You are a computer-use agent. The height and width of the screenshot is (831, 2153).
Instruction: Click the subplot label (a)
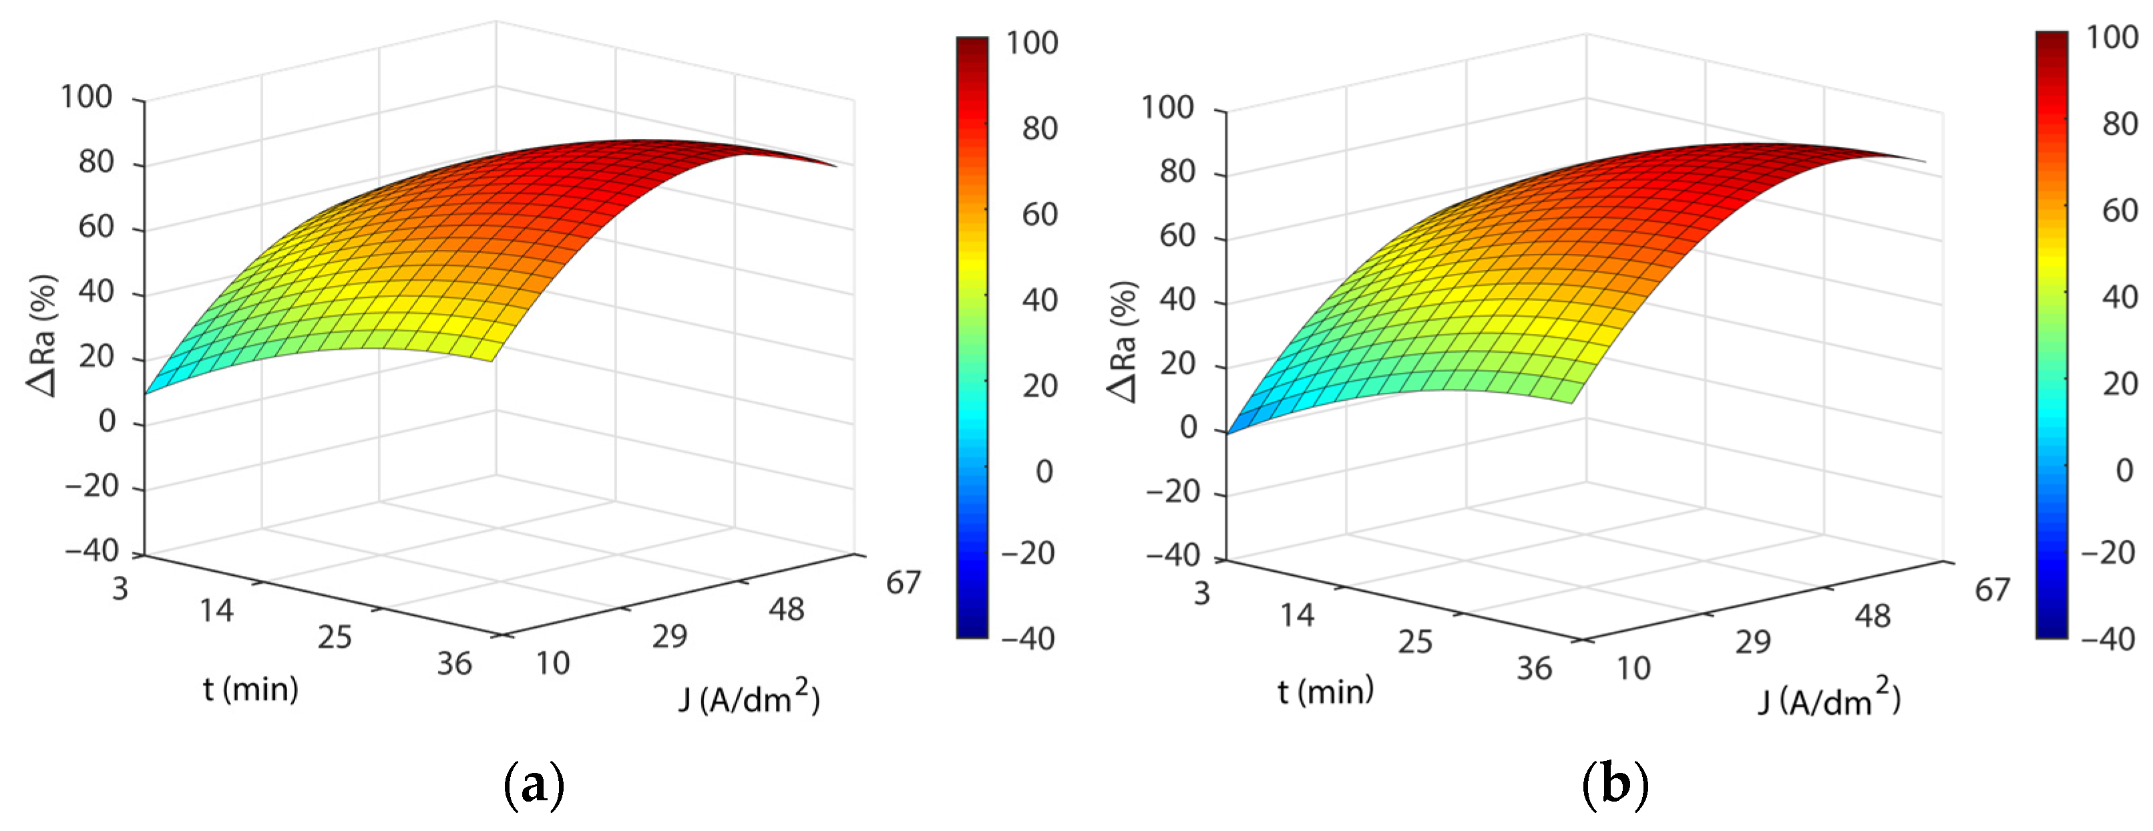pyautogui.click(x=535, y=784)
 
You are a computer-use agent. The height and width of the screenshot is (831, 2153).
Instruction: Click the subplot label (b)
pyautogui.click(x=1615, y=784)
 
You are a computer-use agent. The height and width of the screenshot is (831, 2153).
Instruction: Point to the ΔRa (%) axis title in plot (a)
pyautogui.click(x=42, y=335)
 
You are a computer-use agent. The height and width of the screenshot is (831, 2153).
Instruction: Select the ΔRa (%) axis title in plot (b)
pyautogui.click(x=1123, y=341)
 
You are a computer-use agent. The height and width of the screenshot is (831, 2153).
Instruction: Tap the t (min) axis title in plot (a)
pyautogui.click(x=250, y=689)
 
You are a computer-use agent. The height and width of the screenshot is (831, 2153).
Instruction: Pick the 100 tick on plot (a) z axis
pyautogui.click(x=86, y=97)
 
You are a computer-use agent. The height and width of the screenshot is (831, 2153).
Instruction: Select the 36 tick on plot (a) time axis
pyautogui.click(x=455, y=664)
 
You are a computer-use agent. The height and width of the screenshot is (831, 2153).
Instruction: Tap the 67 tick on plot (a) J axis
pyautogui.click(x=904, y=583)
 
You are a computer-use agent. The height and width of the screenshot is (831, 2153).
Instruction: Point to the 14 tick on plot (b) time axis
pyautogui.click(x=1297, y=616)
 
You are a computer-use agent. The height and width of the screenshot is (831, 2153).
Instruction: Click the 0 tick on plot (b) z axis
pyautogui.click(x=1189, y=428)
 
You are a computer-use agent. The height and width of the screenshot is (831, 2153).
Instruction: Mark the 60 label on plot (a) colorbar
pyautogui.click(x=1040, y=215)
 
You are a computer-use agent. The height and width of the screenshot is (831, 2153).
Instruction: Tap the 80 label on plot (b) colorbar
pyautogui.click(x=2120, y=124)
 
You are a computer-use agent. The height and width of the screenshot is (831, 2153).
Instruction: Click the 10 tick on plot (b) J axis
pyautogui.click(x=1633, y=669)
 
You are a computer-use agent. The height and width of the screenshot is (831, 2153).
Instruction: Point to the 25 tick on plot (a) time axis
pyautogui.click(x=335, y=638)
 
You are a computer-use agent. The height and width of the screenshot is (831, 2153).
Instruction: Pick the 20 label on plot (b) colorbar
pyautogui.click(x=2120, y=383)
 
